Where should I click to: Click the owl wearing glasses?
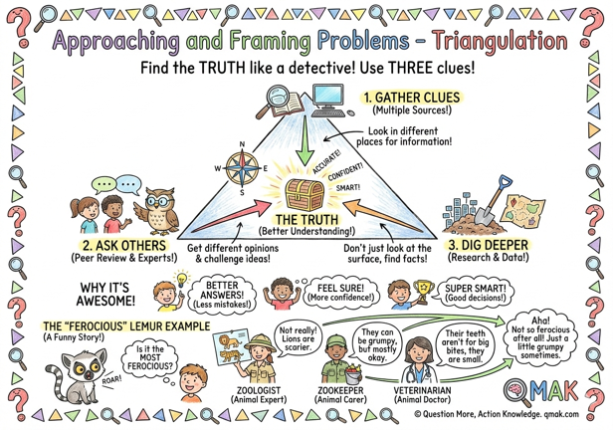coord(154,212)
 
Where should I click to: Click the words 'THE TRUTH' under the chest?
coord(306,220)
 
